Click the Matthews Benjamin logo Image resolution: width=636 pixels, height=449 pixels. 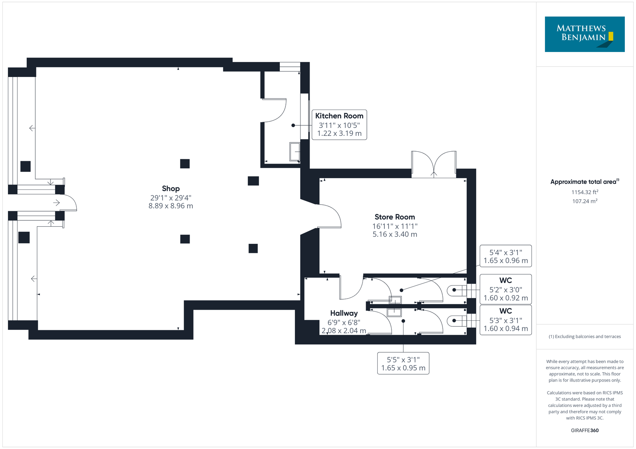tap(584, 34)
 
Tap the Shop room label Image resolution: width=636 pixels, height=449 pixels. tap(171, 189)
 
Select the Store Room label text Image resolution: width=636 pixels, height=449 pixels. tap(395, 217)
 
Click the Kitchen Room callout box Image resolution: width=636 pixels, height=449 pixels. tap(339, 125)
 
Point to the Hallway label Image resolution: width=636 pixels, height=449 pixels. tap(344, 313)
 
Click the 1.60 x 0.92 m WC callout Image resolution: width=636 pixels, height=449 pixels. tap(506, 289)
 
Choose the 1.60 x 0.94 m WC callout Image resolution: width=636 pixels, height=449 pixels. tap(506, 320)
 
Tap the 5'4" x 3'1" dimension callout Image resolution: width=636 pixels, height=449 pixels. tap(506, 256)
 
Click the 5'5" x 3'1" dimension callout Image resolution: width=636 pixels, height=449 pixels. tap(403, 363)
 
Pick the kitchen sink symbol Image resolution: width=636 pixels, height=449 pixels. tap(295, 152)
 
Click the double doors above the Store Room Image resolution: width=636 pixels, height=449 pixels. tap(434, 164)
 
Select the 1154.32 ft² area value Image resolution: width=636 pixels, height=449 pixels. tap(585, 192)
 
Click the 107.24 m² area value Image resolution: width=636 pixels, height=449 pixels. tap(585, 201)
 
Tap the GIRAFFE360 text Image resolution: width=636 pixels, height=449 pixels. tap(585, 430)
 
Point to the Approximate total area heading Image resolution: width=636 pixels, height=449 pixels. tap(585, 181)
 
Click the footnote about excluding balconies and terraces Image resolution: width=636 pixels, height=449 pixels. tap(585, 336)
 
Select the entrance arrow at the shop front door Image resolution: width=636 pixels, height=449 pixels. tap(56, 203)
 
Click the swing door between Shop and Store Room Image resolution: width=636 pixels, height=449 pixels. tap(330, 216)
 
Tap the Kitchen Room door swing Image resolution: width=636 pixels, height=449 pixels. tap(274, 110)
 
